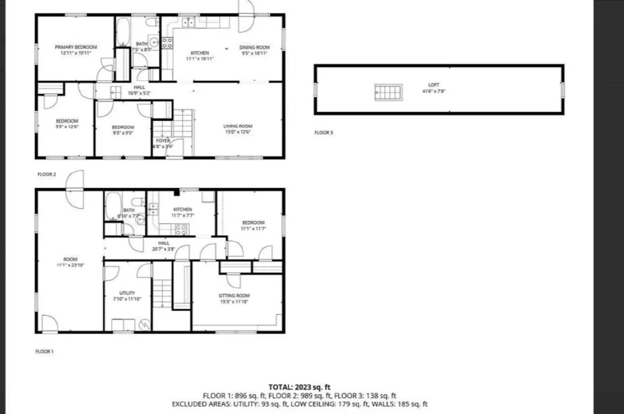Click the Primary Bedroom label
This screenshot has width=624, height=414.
tap(76, 47)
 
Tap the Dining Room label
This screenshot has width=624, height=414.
tap(254, 48)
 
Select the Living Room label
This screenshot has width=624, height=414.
tap(238, 126)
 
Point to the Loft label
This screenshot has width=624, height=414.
tap(433, 85)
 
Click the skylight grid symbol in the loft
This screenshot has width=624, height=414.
tap(388, 92)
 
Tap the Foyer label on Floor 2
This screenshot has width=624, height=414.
tap(163, 141)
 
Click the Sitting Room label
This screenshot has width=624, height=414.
tap(234, 296)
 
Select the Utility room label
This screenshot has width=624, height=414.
tap(127, 293)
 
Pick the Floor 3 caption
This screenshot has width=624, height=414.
tap(324, 133)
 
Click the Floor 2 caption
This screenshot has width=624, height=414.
tap(47, 174)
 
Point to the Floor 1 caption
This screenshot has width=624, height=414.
tap(44, 352)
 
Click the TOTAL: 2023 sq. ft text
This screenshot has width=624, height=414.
tap(300, 387)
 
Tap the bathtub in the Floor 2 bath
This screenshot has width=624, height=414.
tap(124, 31)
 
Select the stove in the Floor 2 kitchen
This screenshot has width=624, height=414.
tap(167, 43)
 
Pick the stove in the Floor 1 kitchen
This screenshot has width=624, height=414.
tap(181, 230)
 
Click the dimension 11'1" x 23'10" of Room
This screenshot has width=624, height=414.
tap(70, 265)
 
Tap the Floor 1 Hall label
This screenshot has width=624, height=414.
tap(164, 243)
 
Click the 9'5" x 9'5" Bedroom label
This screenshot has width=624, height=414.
tap(123, 127)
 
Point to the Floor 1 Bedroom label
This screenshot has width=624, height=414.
tap(253, 223)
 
